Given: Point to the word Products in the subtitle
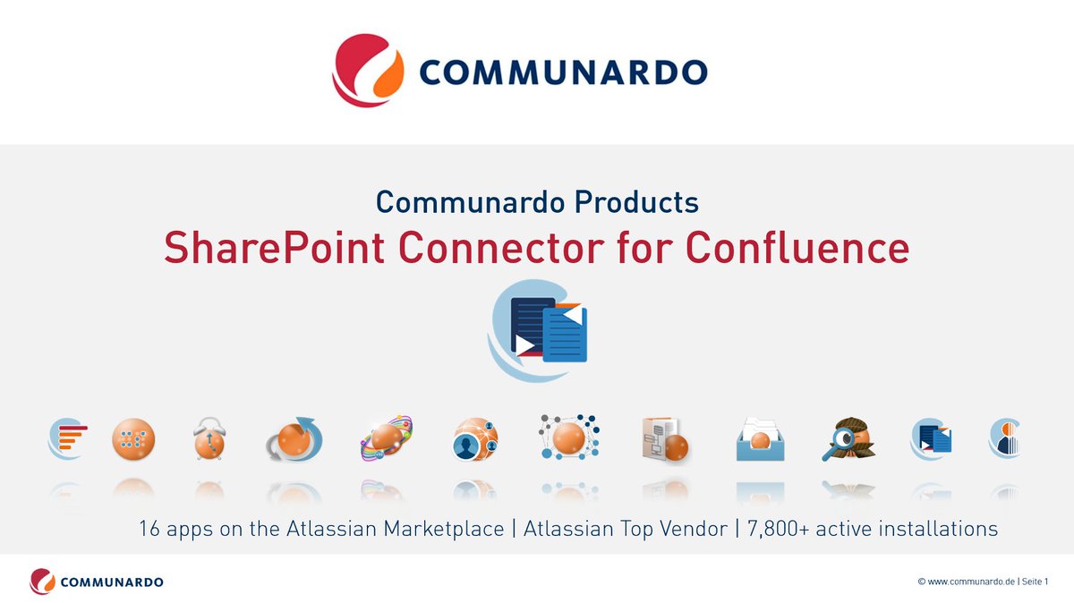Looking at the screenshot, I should coord(636,201).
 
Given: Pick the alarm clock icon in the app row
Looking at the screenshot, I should coord(209,439).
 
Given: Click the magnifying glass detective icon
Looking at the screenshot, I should coord(847,439).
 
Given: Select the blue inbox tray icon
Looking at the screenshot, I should coord(760,439).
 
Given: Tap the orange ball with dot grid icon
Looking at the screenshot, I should coord(133,439).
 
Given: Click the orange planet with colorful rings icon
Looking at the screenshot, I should coord(386,439).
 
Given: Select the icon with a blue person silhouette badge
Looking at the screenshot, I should coord(474,439).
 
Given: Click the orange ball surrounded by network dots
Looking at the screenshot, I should coord(568,437).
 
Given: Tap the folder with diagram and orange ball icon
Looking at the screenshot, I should coord(664,439).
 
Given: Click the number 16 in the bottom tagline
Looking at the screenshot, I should coord(149,529).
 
